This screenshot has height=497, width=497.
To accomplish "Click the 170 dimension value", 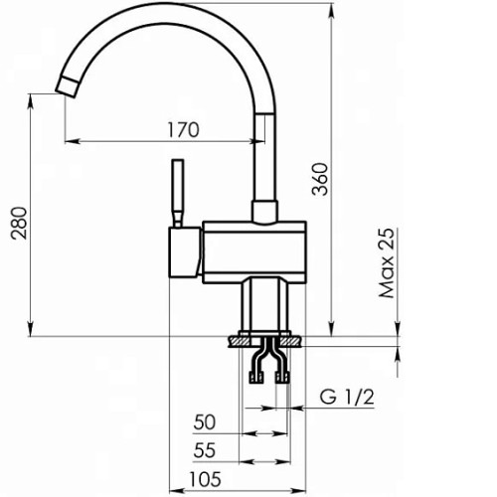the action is [x=183, y=130].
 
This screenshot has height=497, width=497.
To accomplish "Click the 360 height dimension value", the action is [x=321, y=179].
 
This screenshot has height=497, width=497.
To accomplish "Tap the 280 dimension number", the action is [x=19, y=223].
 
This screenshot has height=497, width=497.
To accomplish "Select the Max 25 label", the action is [x=387, y=262].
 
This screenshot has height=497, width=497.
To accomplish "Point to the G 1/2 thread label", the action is [x=347, y=397].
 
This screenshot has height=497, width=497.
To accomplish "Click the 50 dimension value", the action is [x=205, y=422].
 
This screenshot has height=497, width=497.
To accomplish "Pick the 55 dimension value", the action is [x=205, y=450].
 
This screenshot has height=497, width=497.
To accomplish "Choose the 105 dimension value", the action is [x=205, y=479].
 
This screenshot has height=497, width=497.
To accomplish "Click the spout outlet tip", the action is [x=68, y=87].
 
